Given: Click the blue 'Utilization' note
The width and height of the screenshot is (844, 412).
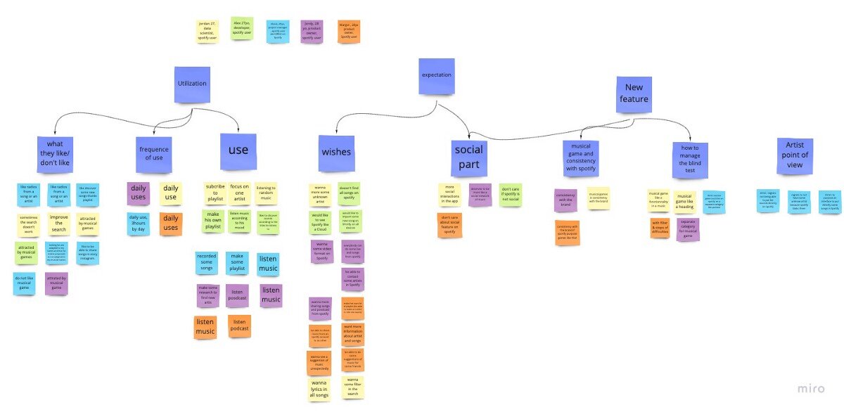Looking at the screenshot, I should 193,84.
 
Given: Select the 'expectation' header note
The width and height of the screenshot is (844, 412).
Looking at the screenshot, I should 437,76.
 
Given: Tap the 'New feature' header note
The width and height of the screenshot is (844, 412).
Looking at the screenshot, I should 634,95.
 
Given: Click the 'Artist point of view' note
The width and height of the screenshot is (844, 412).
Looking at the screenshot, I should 795,155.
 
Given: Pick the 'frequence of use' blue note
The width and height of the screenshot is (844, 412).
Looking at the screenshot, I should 154,154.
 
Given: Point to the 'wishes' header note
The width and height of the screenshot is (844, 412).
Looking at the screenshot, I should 336,153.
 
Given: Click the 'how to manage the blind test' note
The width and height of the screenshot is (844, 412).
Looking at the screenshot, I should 690,157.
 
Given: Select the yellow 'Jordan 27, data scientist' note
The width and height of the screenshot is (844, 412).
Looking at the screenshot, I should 207,30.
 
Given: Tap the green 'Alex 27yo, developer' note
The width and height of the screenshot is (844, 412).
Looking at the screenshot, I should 242,28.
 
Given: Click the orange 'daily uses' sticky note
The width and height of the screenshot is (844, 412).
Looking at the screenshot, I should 171,224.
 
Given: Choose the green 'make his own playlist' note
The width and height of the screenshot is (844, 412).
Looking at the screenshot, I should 214,220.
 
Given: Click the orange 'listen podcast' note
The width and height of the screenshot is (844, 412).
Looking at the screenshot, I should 241,326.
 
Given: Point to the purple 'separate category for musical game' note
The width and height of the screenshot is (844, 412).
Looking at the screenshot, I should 688,229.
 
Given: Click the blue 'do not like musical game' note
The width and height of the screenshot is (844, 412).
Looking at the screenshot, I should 24,283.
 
